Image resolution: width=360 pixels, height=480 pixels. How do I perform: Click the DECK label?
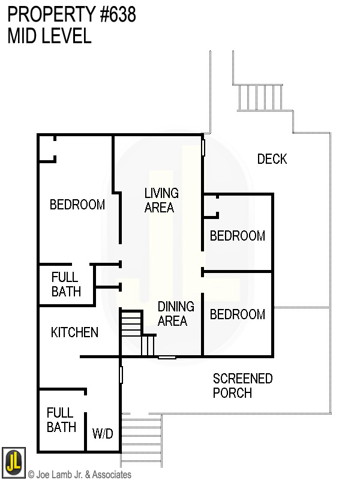[x=272, y=159]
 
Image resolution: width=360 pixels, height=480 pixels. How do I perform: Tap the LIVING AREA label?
[x=161, y=200]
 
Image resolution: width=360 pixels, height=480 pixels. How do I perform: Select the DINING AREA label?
[x=175, y=314]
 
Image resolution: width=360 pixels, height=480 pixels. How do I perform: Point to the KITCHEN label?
[x=74, y=332]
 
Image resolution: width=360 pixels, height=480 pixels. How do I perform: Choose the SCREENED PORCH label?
[x=242, y=386]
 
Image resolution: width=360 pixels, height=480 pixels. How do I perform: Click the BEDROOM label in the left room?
[x=77, y=205]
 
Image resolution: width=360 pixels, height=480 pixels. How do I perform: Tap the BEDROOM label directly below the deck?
[x=237, y=236]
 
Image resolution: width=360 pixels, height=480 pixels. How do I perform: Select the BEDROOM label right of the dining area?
[x=237, y=314]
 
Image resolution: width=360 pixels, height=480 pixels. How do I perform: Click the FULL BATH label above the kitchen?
[x=65, y=285]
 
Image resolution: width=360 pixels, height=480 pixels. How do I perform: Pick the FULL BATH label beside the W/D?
[x=61, y=420]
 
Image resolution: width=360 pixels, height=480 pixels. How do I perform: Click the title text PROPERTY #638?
[x=71, y=14]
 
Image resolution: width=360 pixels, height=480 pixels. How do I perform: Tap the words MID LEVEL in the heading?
[x=49, y=36]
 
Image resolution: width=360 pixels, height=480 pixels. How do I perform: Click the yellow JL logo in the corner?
[x=13, y=463]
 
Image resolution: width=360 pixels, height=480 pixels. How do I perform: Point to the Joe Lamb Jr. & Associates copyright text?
[x=79, y=475]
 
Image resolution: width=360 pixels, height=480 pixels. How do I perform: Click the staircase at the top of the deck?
[x=260, y=97]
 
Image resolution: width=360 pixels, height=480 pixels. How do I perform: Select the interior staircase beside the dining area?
[x=137, y=333]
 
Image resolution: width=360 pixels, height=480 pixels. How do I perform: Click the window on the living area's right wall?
[x=203, y=147]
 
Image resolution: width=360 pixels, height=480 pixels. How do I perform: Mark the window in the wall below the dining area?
[x=167, y=358]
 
